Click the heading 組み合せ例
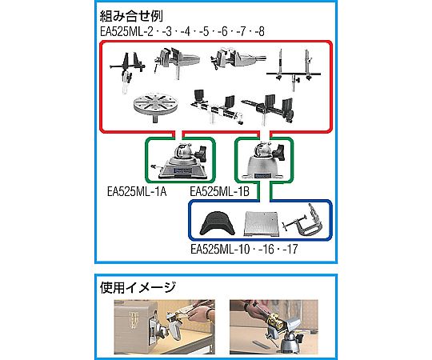(131, 16)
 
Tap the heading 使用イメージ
(138, 287)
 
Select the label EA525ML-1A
(137, 191)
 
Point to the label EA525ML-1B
(219, 191)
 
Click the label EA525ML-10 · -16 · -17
(244, 249)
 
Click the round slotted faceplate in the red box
(155, 102)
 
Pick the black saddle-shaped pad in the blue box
(218, 223)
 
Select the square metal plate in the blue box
(261, 224)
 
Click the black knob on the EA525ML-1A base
(202, 154)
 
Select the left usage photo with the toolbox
(165, 327)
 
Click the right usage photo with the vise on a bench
(274, 327)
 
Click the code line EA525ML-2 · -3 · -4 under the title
(182, 31)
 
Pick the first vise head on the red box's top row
(176, 62)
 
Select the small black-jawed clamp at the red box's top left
(127, 72)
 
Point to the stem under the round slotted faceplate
(155, 118)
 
